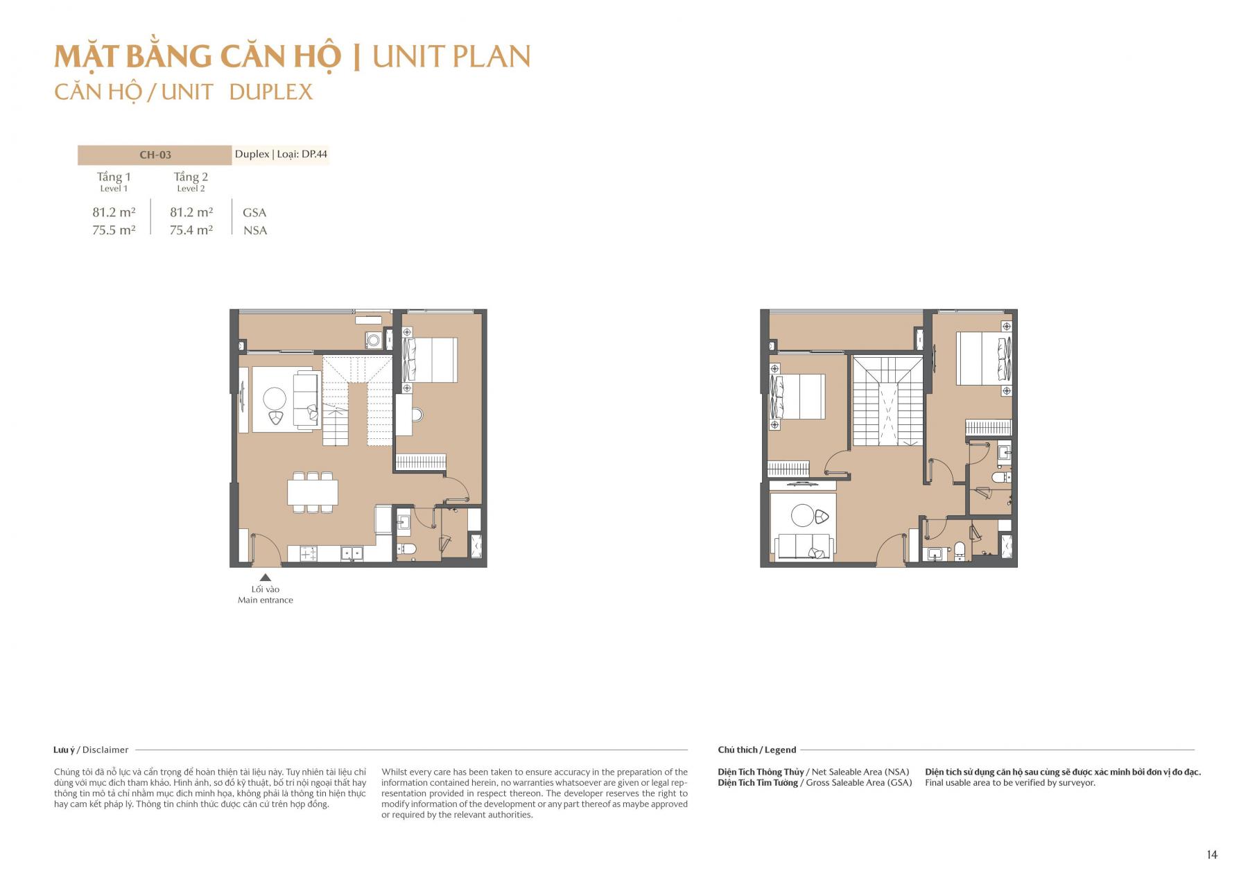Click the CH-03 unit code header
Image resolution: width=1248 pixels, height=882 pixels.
click(155, 155)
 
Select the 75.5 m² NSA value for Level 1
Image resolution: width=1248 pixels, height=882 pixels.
click(114, 230)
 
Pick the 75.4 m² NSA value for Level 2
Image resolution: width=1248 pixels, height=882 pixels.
click(191, 230)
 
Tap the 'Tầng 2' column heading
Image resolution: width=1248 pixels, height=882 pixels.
click(191, 178)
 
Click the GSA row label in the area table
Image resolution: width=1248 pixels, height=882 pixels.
click(254, 213)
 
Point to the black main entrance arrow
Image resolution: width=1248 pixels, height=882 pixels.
click(265, 577)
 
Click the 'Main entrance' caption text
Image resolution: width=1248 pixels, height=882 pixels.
click(265, 600)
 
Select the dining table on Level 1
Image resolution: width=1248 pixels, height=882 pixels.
click(313, 492)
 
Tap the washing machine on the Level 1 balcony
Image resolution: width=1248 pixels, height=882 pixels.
click(374, 340)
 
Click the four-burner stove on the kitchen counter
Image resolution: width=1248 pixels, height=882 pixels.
click(308, 553)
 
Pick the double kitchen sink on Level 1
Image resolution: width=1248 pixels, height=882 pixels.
click(352, 553)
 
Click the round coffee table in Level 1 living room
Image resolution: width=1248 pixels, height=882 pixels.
click(274, 399)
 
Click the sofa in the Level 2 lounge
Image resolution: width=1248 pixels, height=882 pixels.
click(806, 546)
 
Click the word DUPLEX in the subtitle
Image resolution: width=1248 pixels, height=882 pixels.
click(271, 92)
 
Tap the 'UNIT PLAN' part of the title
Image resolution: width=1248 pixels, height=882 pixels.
click(451, 57)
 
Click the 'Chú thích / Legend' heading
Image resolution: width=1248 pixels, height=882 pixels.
click(756, 750)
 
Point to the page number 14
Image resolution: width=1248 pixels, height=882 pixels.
click(1211, 855)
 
